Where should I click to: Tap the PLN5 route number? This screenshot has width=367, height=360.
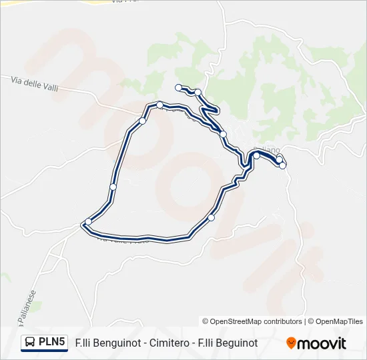52,343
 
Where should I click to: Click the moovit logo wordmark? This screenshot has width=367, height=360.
322,343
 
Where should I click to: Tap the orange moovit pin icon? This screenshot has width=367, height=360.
291,343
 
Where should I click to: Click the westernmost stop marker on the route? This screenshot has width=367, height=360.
88,222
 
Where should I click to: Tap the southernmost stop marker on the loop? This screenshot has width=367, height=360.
212,218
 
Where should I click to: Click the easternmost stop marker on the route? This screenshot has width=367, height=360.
283,165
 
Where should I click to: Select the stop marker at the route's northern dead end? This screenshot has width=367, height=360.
178,87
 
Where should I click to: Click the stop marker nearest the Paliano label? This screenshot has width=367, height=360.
257,155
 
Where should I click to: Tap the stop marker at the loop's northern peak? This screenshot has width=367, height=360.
160,105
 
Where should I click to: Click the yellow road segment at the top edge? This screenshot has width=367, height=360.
100,2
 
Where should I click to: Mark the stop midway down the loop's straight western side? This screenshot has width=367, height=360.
113,187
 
